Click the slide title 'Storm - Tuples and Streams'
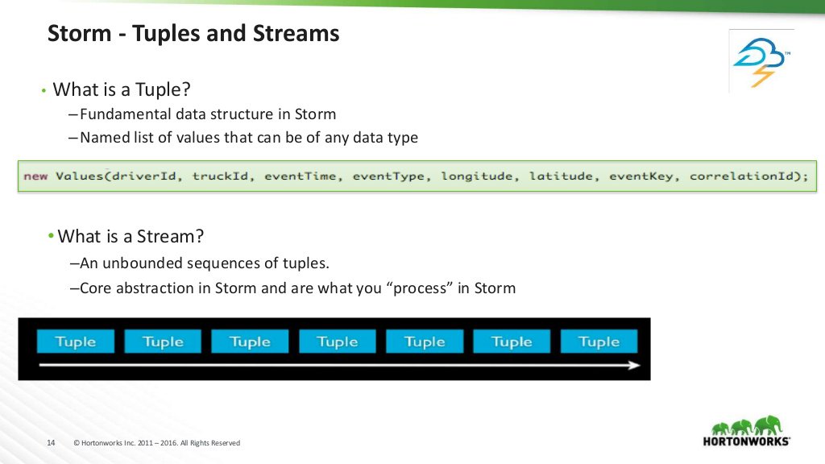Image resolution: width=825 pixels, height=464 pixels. tap(193, 34)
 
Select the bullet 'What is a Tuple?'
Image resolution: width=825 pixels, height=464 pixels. tap(125, 89)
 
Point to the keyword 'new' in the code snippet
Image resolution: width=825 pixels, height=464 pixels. tap(35, 176)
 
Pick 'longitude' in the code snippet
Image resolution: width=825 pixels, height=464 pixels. tap(476, 176)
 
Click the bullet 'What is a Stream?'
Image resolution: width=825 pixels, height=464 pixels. tap(131, 236)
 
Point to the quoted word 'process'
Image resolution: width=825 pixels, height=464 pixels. tap(419, 288)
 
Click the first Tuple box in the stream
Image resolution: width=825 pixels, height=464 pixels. tap(75, 342)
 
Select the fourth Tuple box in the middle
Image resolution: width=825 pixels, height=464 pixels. tap(337, 342)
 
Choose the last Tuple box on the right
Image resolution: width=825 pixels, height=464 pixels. tap(599, 342)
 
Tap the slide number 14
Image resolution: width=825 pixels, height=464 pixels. tap(51, 443)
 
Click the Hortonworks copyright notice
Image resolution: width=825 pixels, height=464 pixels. tap(156, 443)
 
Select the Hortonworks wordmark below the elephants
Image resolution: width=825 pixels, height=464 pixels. tap(746, 441)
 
